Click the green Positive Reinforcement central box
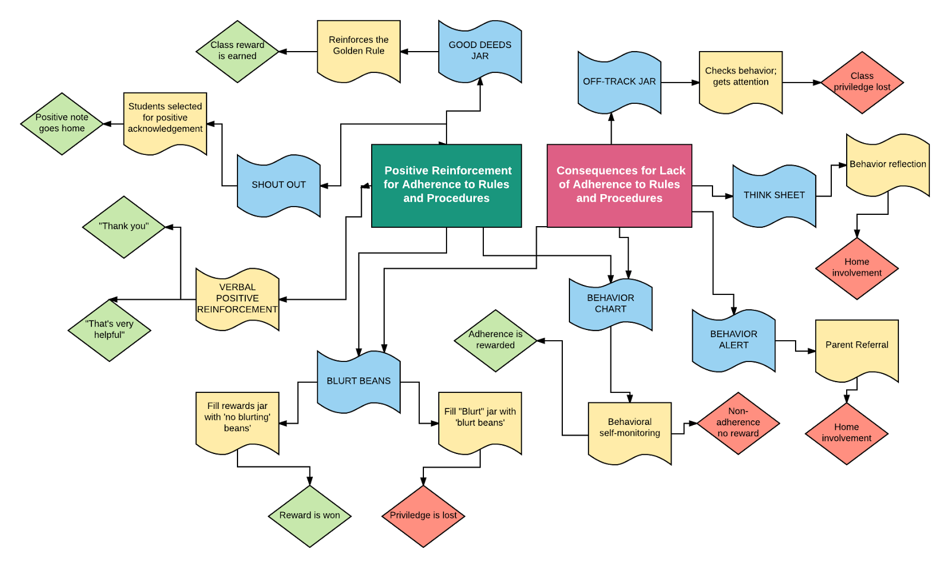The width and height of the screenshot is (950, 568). tap(446, 185)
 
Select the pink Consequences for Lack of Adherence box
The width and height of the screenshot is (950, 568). tap(619, 185)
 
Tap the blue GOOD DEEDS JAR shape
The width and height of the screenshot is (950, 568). tap(480, 51)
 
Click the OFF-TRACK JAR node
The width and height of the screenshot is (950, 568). tap(619, 82)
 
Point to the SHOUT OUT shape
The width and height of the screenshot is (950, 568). tap(278, 185)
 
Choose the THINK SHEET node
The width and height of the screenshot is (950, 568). tap(774, 195)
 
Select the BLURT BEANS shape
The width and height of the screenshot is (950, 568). tap(359, 381)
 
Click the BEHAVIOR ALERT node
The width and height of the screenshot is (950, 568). tap(734, 340)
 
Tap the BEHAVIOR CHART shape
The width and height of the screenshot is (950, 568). tap(610, 303)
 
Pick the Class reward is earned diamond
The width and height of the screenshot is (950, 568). tap(237, 51)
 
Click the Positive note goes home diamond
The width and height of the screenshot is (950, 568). tap(62, 123)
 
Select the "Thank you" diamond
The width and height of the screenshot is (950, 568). tap(123, 227)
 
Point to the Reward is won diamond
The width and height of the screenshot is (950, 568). tap(309, 516)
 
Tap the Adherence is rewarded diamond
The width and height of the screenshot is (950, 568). tap(495, 340)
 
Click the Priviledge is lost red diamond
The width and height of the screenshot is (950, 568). tap(423, 516)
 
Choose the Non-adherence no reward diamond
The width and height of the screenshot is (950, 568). tap(738, 423)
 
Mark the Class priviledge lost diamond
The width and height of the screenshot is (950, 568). tap(862, 82)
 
